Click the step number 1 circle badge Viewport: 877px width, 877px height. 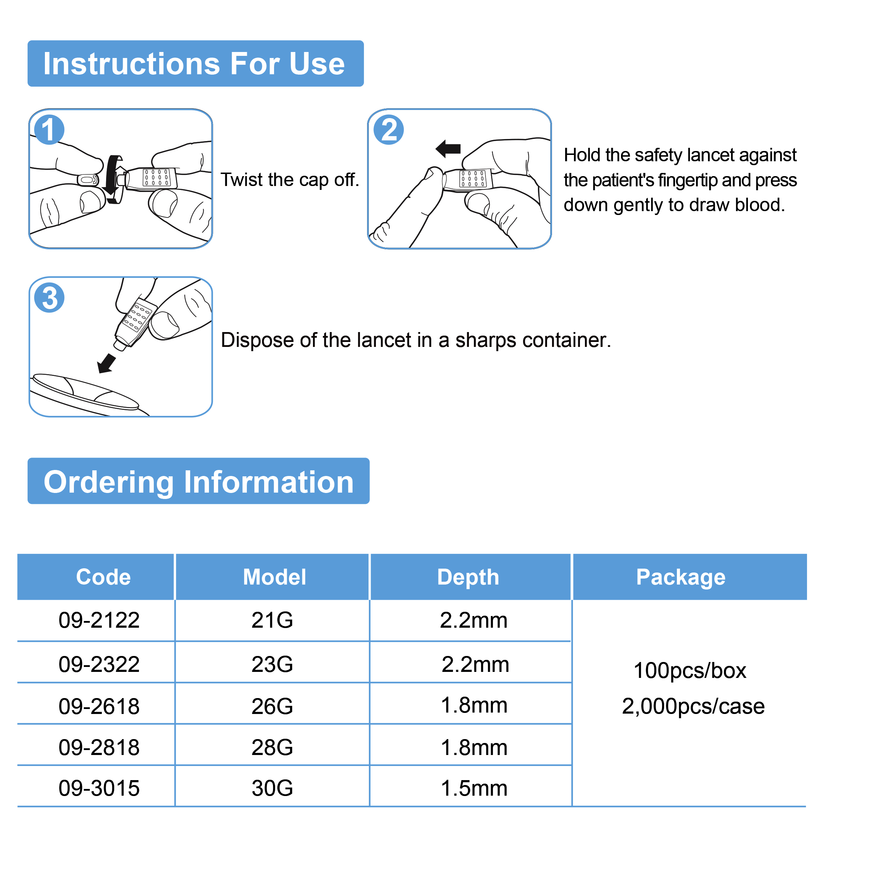(49, 130)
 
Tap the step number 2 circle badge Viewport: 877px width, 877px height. (389, 130)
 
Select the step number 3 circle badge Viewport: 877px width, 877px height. (49, 298)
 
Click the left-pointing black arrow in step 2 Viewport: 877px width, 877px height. (448, 149)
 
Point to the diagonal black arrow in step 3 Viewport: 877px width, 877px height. (107, 363)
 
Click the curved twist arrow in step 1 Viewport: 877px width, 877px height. (112, 179)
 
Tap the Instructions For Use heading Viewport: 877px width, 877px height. (195, 64)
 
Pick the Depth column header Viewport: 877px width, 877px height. (468, 577)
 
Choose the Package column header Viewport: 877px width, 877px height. (680, 577)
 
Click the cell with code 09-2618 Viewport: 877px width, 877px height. (99, 706)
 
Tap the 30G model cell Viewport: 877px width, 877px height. (272, 788)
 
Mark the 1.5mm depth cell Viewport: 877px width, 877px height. (474, 788)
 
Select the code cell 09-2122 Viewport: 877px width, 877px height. (99, 620)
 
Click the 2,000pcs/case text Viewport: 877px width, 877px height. (693, 706)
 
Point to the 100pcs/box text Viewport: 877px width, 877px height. (690, 670)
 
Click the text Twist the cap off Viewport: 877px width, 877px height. (290, 180)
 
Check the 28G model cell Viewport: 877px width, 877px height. (272, 747)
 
